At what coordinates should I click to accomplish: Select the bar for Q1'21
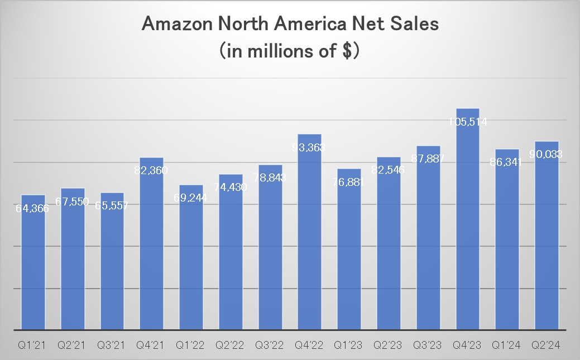point(33,268)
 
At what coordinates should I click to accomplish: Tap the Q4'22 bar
point(309,234)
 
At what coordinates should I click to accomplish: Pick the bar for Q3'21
point(112,268)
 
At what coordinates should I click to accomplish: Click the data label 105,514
point(468,122)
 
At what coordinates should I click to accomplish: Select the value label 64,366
point(33,208)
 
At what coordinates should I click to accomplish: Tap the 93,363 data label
point(309,147)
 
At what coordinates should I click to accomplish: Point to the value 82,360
point(151,171)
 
